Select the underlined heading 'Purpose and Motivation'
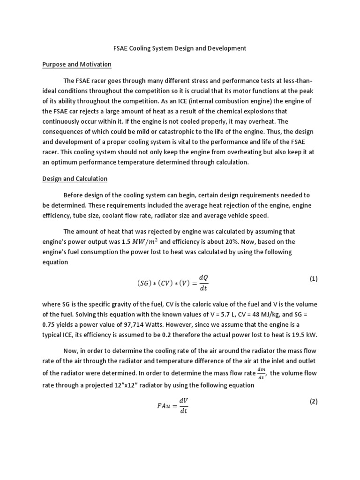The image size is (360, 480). [77, 64]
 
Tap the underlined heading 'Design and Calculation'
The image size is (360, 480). [75, 179]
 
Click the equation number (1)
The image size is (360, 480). [314, 278]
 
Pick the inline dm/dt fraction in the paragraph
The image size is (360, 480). [262, 373]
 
